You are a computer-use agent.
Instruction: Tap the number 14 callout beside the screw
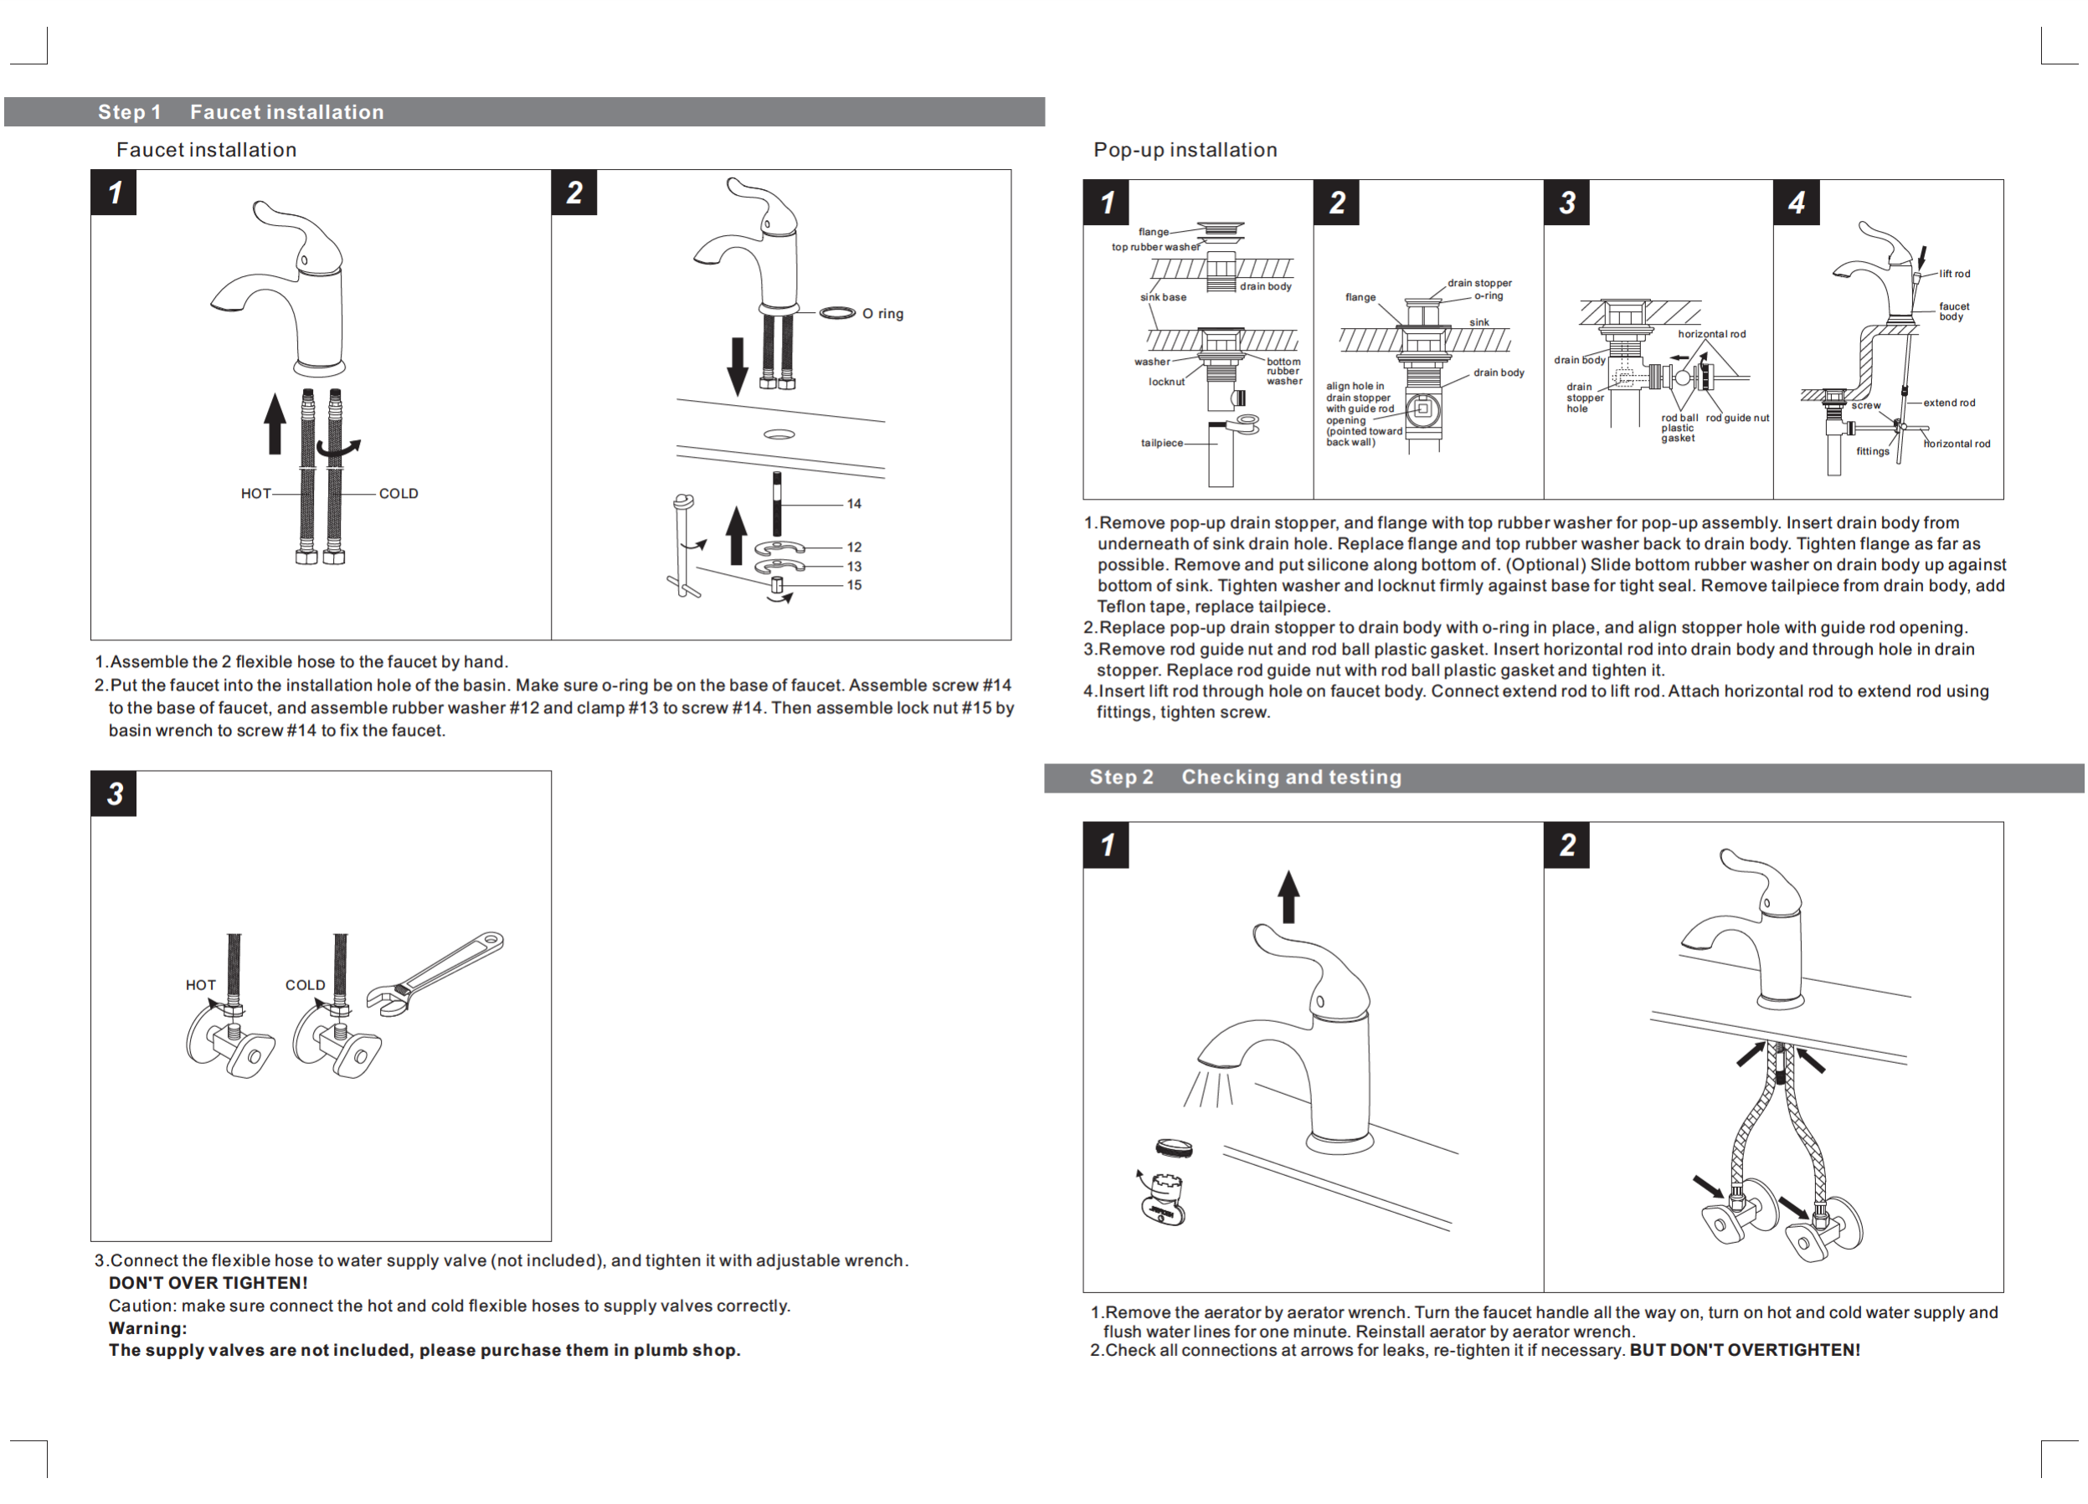click(853, 504)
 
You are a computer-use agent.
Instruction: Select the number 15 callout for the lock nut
click(853, 585)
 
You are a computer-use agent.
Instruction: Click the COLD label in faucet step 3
click(305, 985)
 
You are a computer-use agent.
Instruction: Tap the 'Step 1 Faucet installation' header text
click(240, 112)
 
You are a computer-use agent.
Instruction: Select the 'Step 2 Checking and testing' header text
click(1245, 777)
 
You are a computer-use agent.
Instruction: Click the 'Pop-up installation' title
click(1185, 150)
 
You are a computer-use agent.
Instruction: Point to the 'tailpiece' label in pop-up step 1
click(1162, 443)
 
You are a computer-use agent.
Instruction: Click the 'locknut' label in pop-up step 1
click(1166, 382)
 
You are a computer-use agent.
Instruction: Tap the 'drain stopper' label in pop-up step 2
click(1479, 283)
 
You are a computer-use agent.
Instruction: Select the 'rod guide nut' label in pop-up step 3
click(1737, 418)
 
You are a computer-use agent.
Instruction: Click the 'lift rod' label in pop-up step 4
click(1955, 274)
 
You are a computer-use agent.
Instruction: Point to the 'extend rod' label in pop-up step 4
click(1949, 403)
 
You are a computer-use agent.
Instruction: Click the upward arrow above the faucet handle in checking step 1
click(1289, 896)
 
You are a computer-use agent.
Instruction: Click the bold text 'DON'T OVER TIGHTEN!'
click(208, 1283)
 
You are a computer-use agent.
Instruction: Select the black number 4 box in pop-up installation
click(1796, 203)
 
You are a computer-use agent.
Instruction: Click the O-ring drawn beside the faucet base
click(837, 314)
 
